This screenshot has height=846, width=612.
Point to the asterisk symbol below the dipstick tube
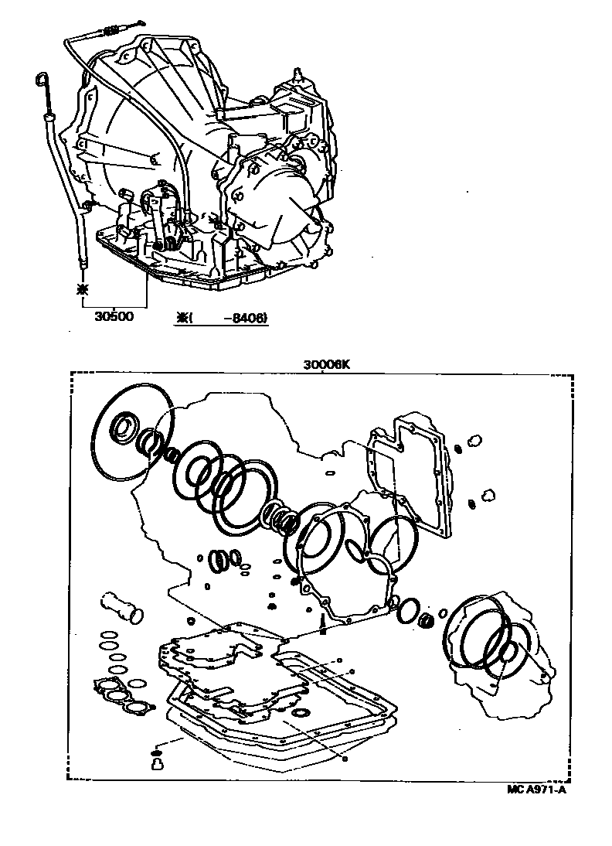click(x=82, y=289)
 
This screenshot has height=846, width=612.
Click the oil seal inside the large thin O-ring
click(x=124, y=427)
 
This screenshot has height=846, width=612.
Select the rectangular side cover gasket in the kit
click(x=410, y=478)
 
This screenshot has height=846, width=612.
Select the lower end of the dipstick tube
click(x=82, y=267)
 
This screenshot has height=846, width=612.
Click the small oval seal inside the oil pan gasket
click(x=301, y=711)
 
